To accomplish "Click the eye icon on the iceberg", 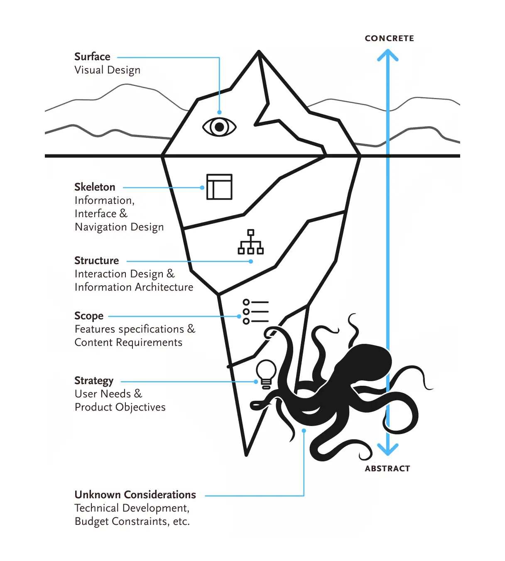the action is (x=219, y=127).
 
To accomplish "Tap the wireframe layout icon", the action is (x=219, y=187).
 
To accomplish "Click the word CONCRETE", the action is (x=389, y=38).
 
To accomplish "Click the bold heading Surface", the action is (x=92, y=57).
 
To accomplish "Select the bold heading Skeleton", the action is (x=95, y=187).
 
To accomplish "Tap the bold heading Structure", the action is (x=97, y=260).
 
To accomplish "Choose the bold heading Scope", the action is (x=89, y=316).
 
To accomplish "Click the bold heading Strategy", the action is (x=94, y=381).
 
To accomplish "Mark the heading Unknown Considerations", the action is (x=135, y=495).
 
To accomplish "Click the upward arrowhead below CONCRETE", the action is (x=388, y=55).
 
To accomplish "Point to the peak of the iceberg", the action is (x=259, y=51).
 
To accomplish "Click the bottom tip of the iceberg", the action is (x=246, y=455).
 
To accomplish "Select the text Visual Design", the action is (x=108, y=70).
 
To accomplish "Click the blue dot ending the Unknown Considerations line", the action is (x=304, y=431).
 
